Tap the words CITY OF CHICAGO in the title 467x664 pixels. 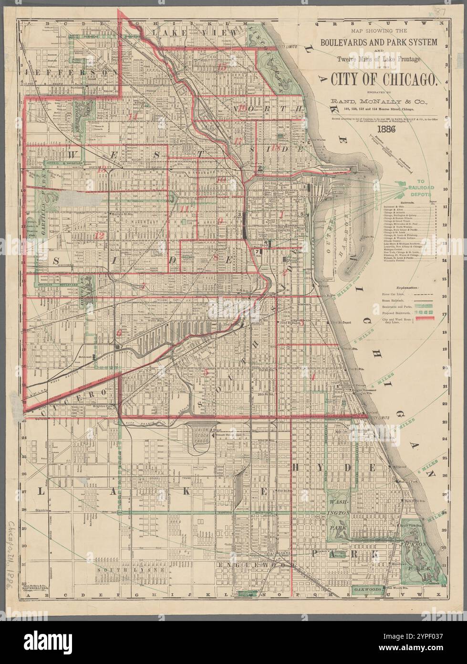click(x=378, y=79)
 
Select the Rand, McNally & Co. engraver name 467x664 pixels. click(x=378, y=101)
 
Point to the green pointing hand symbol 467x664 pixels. click(x=405, y=182)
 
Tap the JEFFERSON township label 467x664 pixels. click(x=67, y=73)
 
